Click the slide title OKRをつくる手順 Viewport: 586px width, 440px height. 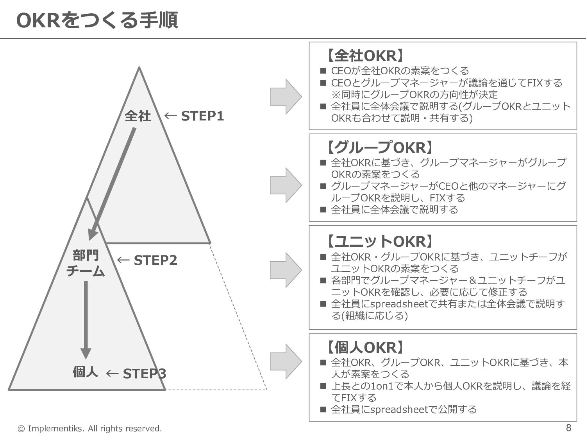tap(97, 20)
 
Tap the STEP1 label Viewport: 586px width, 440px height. tap(202, 116)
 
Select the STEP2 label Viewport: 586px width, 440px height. tap(155, 260)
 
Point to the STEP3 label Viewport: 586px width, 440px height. tap(145, 374)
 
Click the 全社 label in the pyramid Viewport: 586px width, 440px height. tap(138, 116)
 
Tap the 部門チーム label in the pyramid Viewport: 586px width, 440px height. tap(86, 263)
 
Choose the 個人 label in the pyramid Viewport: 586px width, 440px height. tap(85, 372)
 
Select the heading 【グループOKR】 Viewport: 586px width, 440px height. tap(379, 148)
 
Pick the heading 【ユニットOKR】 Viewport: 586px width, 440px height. tap(379, 242)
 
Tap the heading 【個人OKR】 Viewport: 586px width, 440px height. tap(364, 347)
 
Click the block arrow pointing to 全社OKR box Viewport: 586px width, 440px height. tap(286, 97)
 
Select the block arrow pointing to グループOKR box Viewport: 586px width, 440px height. tap(286, 185)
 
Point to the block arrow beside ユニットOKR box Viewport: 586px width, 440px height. tap(286, 270)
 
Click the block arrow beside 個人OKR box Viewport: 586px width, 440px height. tap(286, 361)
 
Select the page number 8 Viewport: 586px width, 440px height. tap(568, 427)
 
